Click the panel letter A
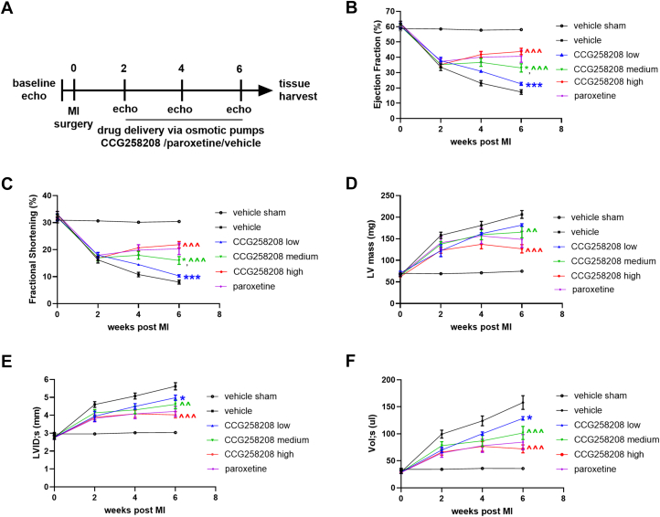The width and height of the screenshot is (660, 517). click(9, 8)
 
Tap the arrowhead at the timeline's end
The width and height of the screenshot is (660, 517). click(267, 90)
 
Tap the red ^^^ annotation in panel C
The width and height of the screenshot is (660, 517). click(190, 245)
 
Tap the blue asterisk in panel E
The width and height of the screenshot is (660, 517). click(183, 398)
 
